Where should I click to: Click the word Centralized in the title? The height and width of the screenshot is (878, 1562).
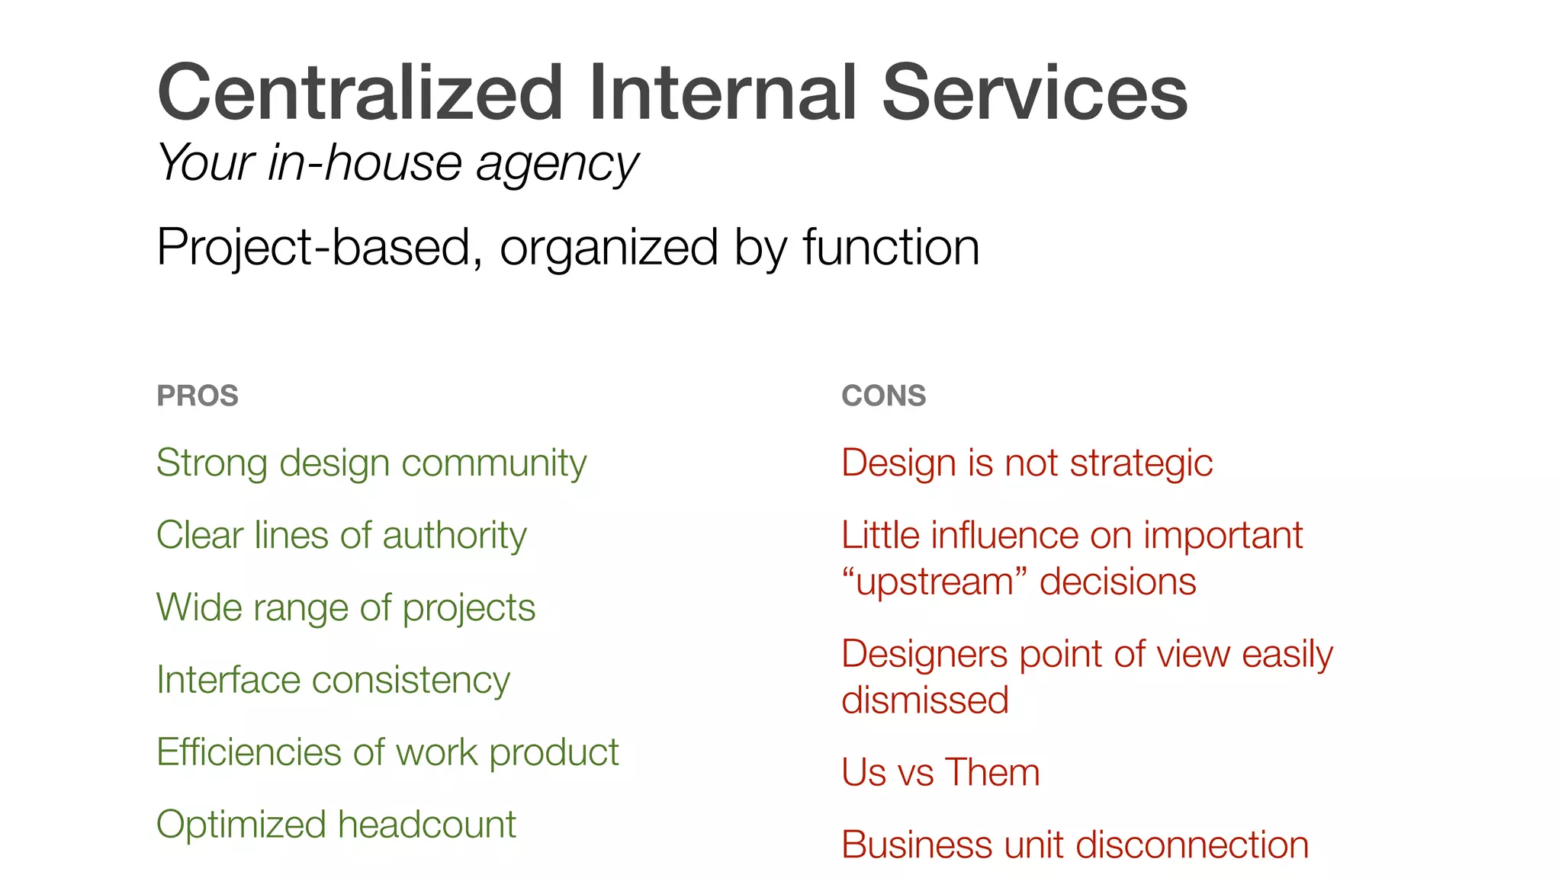tap(359, 93)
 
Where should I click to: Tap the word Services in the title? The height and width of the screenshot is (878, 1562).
tap(1034, 93)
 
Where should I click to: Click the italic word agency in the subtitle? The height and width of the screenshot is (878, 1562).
tap(558, 165)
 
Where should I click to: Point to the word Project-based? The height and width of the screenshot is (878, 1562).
tap(320, 248)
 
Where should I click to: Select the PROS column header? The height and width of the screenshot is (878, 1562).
tap(198, 396)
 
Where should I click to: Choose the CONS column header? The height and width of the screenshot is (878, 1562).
tap(883, 396)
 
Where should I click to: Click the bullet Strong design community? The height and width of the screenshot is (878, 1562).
tap(371, 463)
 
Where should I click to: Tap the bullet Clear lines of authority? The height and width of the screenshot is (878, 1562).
tap(341, 535)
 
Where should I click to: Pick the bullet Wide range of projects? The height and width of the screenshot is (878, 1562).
tap(346, 607)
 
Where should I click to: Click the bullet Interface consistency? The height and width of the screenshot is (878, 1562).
tap(333, 680)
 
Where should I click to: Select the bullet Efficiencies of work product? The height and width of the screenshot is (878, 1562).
tap(387, 752)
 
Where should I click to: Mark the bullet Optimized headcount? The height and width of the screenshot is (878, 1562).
tap(336, 825)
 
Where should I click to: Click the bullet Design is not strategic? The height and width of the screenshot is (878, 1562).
tap(1027, 463)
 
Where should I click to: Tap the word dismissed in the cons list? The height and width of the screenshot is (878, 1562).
tap(925, 700)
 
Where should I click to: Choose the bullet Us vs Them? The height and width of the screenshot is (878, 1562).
tap(940, 773)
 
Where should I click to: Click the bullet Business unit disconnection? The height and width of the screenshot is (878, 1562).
tap(1075, 845)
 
